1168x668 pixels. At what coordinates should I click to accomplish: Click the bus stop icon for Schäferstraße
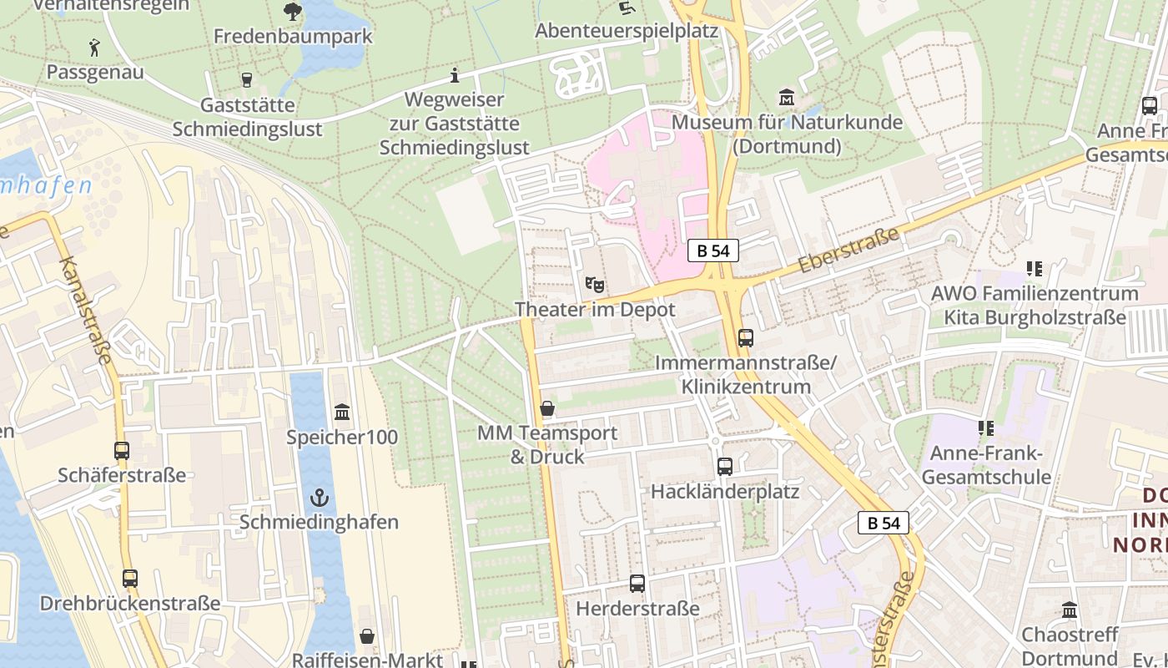pyautogui.click(x=122, y=451)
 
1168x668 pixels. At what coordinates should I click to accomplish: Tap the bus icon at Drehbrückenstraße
pyautogui.click(x=129, y=578)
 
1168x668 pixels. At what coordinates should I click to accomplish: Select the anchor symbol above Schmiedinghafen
pyautogui.click(x=320, y=498)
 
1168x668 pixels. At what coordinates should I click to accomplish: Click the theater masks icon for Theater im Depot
pyautogui.click(x=594, y=284)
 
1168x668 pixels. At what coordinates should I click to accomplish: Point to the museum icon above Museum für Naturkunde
pyautogui.click(x=786, y=97)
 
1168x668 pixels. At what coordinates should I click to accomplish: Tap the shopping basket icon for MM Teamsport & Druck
pyautogui.click(x=547, y=408)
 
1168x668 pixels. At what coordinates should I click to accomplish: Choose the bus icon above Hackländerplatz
pyautogui.click(x=725, y=467)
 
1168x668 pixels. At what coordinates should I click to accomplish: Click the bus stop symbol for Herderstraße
pyautogui.click(x=637, y=584)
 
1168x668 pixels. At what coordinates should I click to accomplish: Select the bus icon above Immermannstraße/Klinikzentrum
pyautogui.click(x=746, y=338)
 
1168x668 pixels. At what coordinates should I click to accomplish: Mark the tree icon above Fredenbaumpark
pyautogui.click(x=293, y=12)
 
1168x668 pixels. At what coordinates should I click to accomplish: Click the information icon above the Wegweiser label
pyautogui.click(x=455, y=76)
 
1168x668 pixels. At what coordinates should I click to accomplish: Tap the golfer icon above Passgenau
pyautogui.click(x=94, y=48)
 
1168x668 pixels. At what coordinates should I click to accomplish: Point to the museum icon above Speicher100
pyautogui.click(x=342, y=412)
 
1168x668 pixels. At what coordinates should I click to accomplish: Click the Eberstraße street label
pyautogui.click(x=849, y=250)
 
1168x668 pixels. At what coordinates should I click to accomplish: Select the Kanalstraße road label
pyautogui.click(x=86, y=311)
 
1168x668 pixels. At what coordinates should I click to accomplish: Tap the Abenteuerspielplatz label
pyautogui.click(x=627, y=31)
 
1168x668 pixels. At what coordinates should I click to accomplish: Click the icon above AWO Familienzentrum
pyautogui.click(x=1035, y=269)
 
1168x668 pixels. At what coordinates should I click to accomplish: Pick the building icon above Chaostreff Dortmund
pyautogui.click(x=1070, y=610)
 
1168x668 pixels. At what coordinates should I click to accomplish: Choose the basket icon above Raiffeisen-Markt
pyautogui.click(x=367, y=636)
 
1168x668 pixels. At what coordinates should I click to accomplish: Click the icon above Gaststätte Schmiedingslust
pyautogui.click(x=246, y=80)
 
